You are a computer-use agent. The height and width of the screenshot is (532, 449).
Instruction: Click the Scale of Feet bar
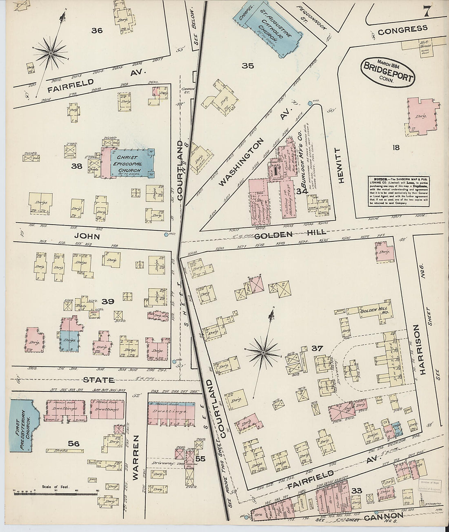click(x=57, y=493)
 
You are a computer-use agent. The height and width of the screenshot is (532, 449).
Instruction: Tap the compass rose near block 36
click(x=51, y=52)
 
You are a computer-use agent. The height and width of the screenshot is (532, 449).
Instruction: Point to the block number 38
click(x=76, y=166)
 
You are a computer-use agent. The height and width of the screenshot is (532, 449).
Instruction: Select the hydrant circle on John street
click(x=165, y=234)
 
